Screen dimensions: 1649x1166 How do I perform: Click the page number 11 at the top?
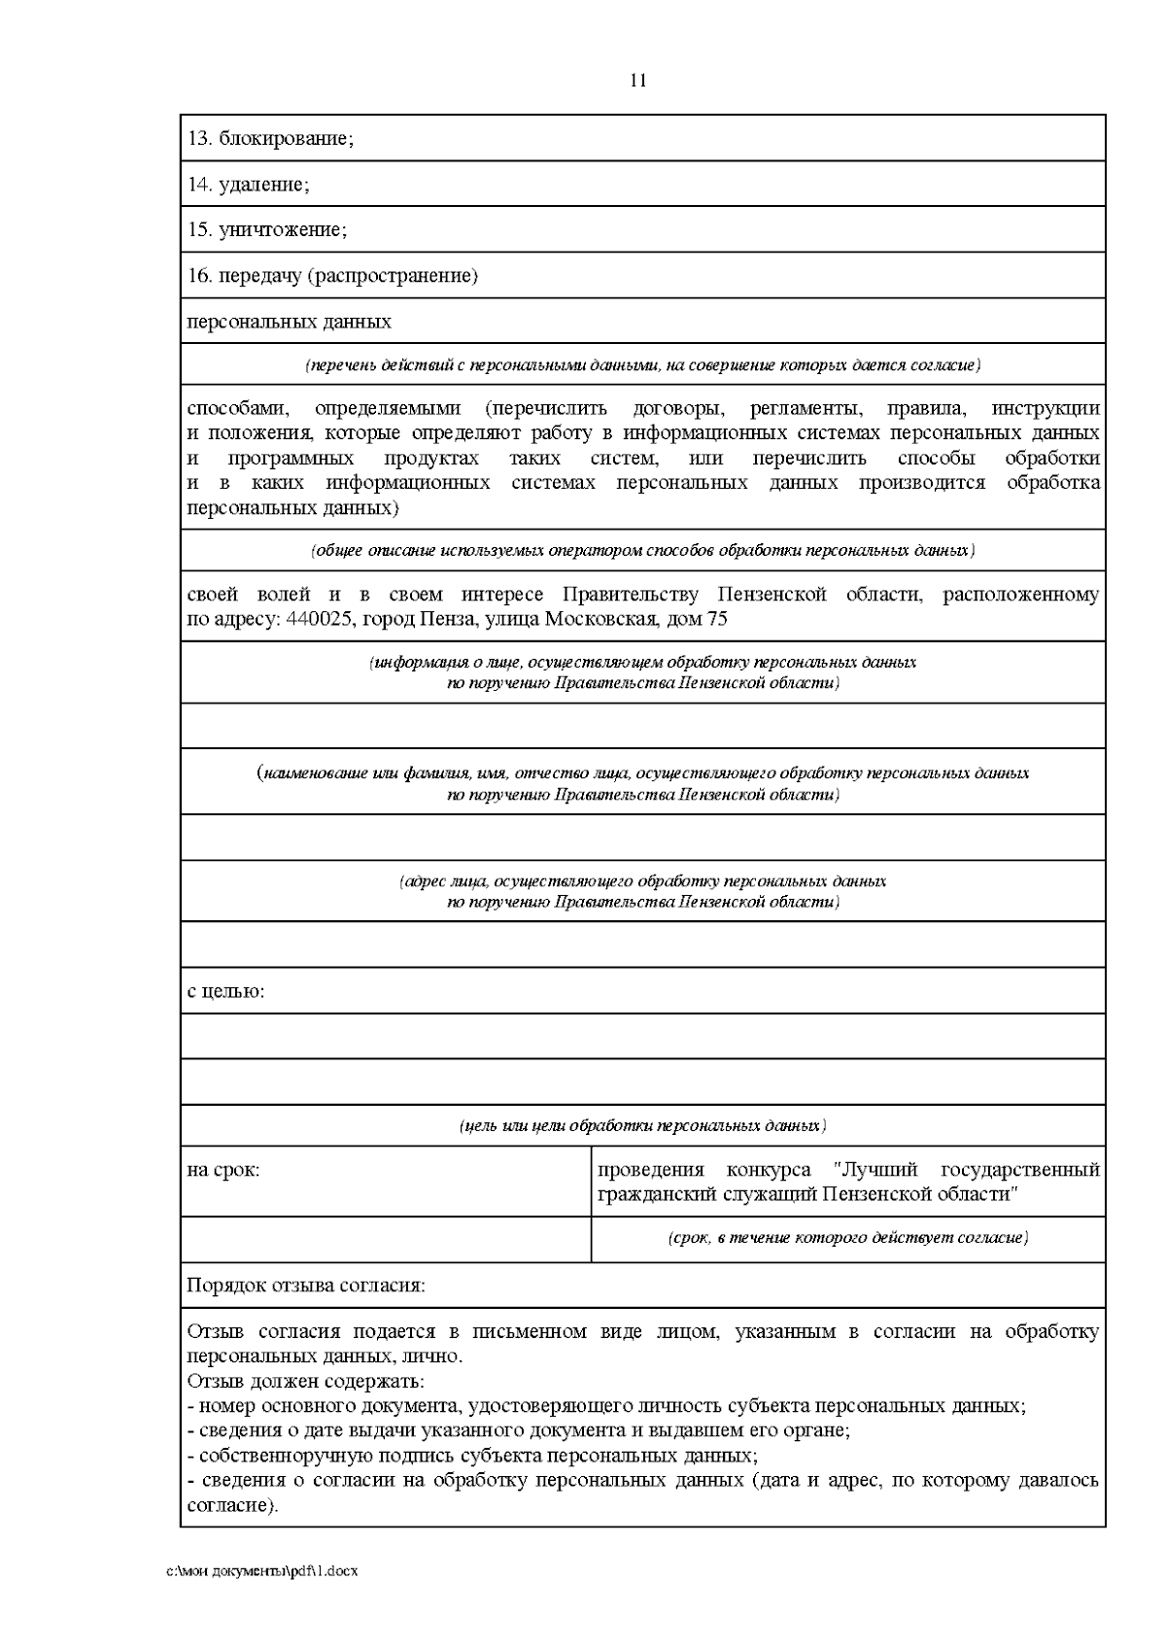tap(637, 81)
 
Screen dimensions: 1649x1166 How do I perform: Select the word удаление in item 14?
tap(263, 185)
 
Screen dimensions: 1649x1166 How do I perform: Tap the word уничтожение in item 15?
tap(282, 230)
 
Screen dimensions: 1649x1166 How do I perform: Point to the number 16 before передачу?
tap(198, 276)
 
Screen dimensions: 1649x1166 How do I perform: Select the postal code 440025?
tap(319, 620)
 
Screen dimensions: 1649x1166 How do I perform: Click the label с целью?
tap(225, 992)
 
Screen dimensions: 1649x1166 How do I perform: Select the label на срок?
tap(223, 1170)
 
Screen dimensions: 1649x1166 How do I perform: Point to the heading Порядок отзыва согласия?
tap(306, 1286)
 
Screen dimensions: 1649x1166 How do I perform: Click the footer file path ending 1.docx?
tap(263, 1571)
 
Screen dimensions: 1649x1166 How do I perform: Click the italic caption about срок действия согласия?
tap(848, 1238)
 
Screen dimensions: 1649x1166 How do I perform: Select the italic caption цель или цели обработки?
tap(642, 1126)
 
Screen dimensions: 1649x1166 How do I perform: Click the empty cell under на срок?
tap(386, 1239)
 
